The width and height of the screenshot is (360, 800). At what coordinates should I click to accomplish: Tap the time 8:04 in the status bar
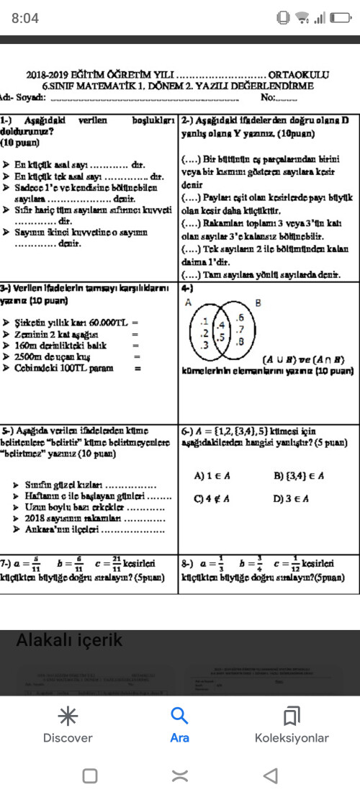pyautogui.click(x=26, y=17)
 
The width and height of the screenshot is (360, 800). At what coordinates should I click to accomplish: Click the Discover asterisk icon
pyautogui.click(x=68, y=716)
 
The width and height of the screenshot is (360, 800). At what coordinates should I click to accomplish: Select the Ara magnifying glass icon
pyautogui.click(x=179, y=716)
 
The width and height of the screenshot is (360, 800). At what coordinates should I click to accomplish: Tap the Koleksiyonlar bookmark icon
pyautogui.click(x=291, y=716)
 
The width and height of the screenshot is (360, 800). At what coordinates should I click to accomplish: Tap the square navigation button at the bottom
pyautogui.click(x=90, y=776)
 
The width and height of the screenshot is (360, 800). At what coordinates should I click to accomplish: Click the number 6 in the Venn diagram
pyautogui.click(x=240, y=318)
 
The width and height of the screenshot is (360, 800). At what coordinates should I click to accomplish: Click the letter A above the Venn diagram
pyautogui.click(x=189, y=303)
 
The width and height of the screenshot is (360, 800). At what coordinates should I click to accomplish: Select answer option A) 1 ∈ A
pyautogui.click(x=209, y=476)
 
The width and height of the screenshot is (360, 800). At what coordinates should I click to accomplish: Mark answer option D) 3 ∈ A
pyautogui.click(x=291, y=498)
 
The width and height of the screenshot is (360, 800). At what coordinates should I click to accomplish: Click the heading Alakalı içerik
pyautogui.click(x=69, y=640)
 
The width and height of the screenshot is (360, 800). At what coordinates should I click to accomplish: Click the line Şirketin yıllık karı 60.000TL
pyautogui.click(x=74, y=323)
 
